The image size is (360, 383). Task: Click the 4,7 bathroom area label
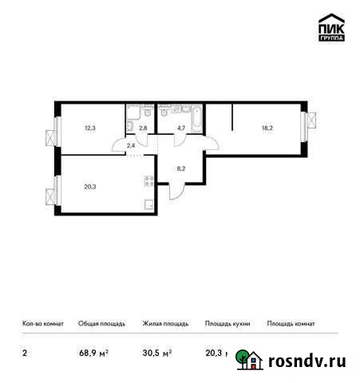(181, 125)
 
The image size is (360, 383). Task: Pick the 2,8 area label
(143, 125)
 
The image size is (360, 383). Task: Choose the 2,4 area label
(130, 145)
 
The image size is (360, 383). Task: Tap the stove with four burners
(148, 181)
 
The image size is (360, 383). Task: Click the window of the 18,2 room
(306, 126)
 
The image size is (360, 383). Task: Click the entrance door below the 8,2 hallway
(178, 192)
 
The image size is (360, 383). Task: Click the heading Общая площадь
(101, 324)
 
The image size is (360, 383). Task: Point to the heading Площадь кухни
(227, 324)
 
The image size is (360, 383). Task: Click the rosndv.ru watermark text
(307, 361)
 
